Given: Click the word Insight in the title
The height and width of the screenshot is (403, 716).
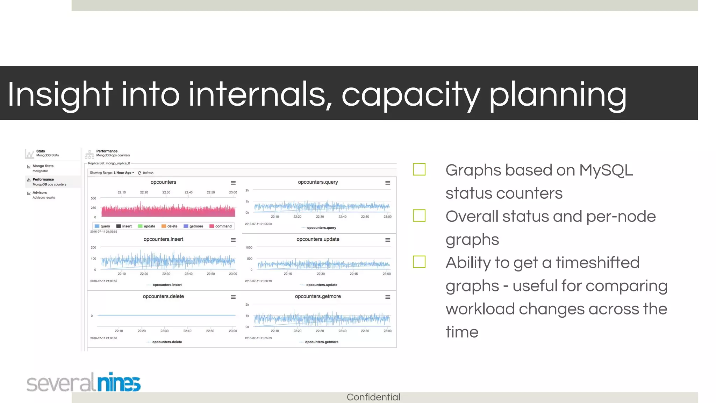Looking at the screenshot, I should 59,94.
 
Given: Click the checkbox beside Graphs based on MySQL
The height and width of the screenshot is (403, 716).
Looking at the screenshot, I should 419,170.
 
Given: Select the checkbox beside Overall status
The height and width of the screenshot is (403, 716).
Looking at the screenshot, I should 419,215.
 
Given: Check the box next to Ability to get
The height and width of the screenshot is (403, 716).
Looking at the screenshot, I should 419,262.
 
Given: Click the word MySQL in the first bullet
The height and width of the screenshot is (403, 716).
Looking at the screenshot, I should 606,170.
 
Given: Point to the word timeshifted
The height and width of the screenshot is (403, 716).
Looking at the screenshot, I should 597,263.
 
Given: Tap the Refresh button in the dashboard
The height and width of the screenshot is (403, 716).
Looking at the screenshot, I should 146,173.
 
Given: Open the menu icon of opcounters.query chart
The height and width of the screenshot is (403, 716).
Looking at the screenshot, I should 388,183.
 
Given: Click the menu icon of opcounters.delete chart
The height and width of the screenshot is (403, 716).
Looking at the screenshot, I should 233,297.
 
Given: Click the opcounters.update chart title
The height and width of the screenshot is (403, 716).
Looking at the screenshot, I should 318,239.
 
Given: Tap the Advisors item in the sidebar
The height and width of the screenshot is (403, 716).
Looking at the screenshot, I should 40,193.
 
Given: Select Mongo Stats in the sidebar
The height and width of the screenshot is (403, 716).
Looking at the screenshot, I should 43,166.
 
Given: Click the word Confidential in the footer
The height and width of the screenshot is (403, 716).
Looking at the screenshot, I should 373,397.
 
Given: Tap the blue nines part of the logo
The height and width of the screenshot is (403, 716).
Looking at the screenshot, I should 119,382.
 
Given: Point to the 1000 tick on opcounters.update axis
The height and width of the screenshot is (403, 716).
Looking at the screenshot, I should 249,248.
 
